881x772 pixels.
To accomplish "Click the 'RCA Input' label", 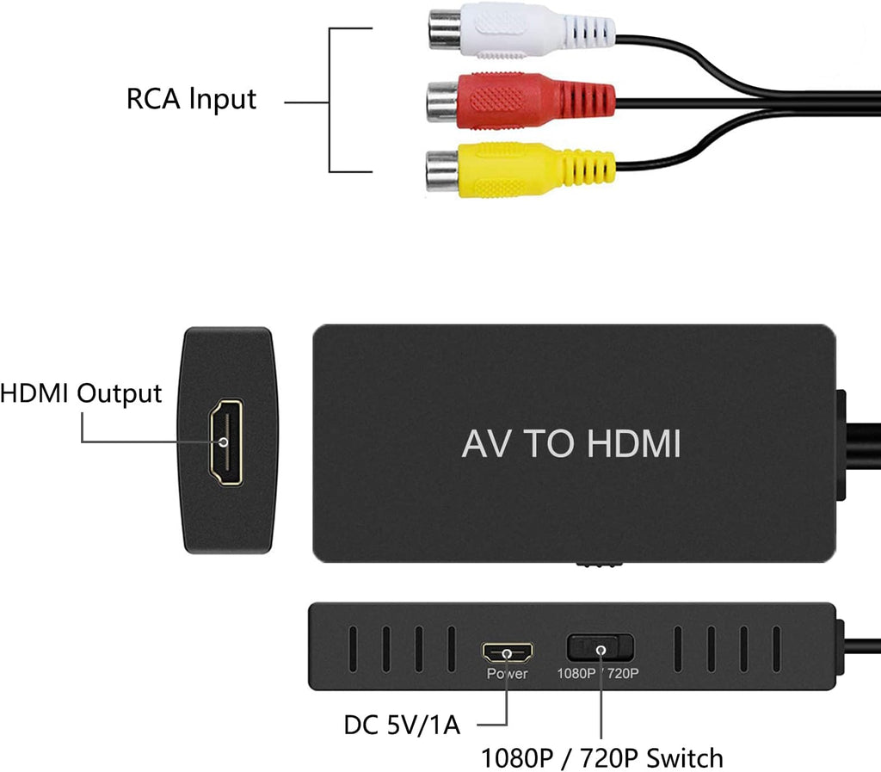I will (x=191, y=99).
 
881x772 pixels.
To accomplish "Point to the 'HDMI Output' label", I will (x=81, y=393).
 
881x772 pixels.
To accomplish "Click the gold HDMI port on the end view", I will (x=225, y=442).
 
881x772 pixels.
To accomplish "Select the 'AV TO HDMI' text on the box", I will (x=570, y=444).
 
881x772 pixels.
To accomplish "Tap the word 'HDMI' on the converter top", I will (x=633, y=444).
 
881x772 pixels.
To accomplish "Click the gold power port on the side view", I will (x=507, y=652).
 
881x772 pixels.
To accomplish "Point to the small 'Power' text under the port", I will (x=507, y=674).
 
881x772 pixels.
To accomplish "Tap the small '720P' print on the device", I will (x=623, y=674).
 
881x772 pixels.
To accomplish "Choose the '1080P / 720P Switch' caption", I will (x=601, y=758).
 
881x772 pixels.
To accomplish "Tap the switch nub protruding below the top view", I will (x=599, y=565).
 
